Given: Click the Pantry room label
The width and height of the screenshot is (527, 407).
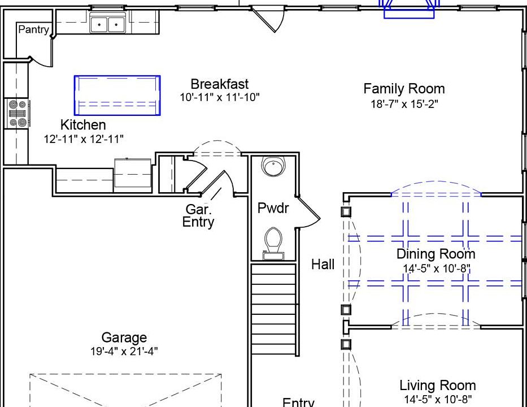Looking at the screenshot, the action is [34, 29].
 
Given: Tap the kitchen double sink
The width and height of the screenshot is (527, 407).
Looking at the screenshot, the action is [107, 24].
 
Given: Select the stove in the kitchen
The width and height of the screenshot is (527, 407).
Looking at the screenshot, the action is [18, 114].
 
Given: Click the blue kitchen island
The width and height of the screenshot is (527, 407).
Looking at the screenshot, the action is [117, 96].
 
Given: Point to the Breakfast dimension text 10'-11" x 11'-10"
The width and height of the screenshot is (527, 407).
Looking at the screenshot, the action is [220, 97].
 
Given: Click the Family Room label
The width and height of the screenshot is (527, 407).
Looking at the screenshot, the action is [404, 89].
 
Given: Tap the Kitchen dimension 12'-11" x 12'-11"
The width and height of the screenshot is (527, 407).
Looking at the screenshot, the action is [84, 138].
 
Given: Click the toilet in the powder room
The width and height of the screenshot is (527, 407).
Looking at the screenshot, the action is [273, 244].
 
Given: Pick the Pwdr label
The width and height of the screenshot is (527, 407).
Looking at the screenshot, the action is [273, 208].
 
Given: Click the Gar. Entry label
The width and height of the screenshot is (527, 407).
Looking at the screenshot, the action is [198, 215].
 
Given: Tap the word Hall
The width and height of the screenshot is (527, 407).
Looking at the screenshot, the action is [323, 265].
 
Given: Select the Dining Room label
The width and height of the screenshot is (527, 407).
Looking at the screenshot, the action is [436, 254].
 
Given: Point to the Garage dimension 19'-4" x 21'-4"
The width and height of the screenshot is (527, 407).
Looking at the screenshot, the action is [124, 352].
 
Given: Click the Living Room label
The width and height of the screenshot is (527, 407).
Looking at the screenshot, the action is [437, 386].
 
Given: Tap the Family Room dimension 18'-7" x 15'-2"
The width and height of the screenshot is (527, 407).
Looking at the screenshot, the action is [404, 104].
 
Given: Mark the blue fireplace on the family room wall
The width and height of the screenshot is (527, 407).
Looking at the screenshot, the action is [409, 10].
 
